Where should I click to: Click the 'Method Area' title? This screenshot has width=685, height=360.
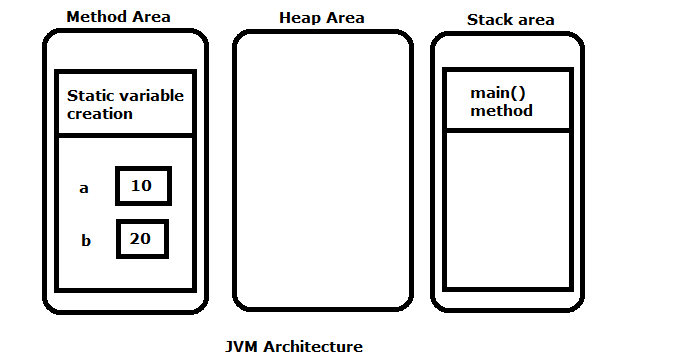118,17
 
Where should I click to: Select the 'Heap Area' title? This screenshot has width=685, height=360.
321,18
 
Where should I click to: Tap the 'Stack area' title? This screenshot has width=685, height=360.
510,20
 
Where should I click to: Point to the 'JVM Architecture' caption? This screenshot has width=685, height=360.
295,347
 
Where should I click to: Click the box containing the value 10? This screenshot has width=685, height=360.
144,186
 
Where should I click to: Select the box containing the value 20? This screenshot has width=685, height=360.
142,239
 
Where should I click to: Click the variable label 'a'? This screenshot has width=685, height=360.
84,188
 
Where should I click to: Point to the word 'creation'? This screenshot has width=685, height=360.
100,114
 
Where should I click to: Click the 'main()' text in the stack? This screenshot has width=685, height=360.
498,93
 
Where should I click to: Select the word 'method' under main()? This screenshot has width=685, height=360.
502,110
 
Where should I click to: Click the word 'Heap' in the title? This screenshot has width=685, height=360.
298,18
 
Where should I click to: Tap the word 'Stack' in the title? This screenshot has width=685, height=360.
490,20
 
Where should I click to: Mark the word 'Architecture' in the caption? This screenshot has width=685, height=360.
314,347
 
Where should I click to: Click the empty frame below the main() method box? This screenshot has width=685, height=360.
508,210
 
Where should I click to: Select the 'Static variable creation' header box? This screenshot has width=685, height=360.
125,103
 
